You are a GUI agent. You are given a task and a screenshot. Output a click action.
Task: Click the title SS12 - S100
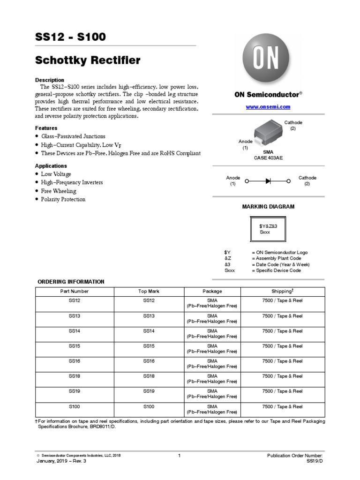tap(71, 37)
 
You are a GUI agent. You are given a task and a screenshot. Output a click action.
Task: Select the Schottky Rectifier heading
tap(88, 60)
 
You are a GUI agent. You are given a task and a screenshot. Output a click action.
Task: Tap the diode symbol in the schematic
tap(268, 181)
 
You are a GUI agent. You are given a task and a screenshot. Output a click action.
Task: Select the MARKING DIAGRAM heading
tap(268, 207)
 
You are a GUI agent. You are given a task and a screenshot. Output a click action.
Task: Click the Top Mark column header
tap(149, 291)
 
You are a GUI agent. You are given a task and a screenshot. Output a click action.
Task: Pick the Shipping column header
tap(282, 291)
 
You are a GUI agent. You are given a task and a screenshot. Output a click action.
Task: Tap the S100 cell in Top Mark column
tap(149, 406)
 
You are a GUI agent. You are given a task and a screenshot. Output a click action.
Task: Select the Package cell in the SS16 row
tap(212, 364)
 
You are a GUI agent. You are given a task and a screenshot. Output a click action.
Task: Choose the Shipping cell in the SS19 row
tap(282, 391)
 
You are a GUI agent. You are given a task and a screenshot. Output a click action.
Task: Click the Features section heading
tap(46, 128)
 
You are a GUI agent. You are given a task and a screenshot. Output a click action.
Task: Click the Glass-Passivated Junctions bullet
tap(73, 136)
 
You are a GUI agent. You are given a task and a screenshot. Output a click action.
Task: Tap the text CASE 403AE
tap(268, 158)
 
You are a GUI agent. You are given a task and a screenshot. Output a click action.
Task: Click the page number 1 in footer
tap(180, 456)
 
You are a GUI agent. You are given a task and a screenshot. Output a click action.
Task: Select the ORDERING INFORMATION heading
tap(71, 282)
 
